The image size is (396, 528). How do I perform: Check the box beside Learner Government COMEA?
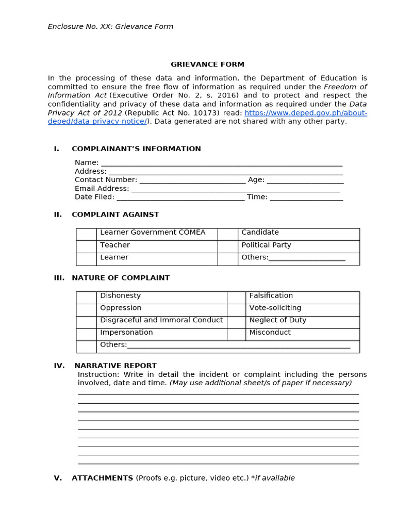tap(86, 235)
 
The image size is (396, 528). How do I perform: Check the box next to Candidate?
tap(227, 235)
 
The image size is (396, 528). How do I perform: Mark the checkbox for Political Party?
tap(227, 247)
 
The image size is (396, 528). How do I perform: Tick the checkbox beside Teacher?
tap(86, 247)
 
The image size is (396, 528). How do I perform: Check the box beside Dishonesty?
tap(86, 298)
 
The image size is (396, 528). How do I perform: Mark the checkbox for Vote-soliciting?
tap(236, 310)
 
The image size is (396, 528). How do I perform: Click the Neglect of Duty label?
tap(277, 320)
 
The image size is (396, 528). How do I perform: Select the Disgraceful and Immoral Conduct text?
tap(161, 320)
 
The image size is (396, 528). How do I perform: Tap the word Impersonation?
tap(126, 333)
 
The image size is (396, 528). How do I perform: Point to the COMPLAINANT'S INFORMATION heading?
tap(136, 149)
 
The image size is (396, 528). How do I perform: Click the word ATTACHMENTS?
tap(102, 478)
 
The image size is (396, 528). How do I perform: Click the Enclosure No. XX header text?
tap(110, 26)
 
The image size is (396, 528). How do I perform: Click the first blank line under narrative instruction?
tap(218, 394)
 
